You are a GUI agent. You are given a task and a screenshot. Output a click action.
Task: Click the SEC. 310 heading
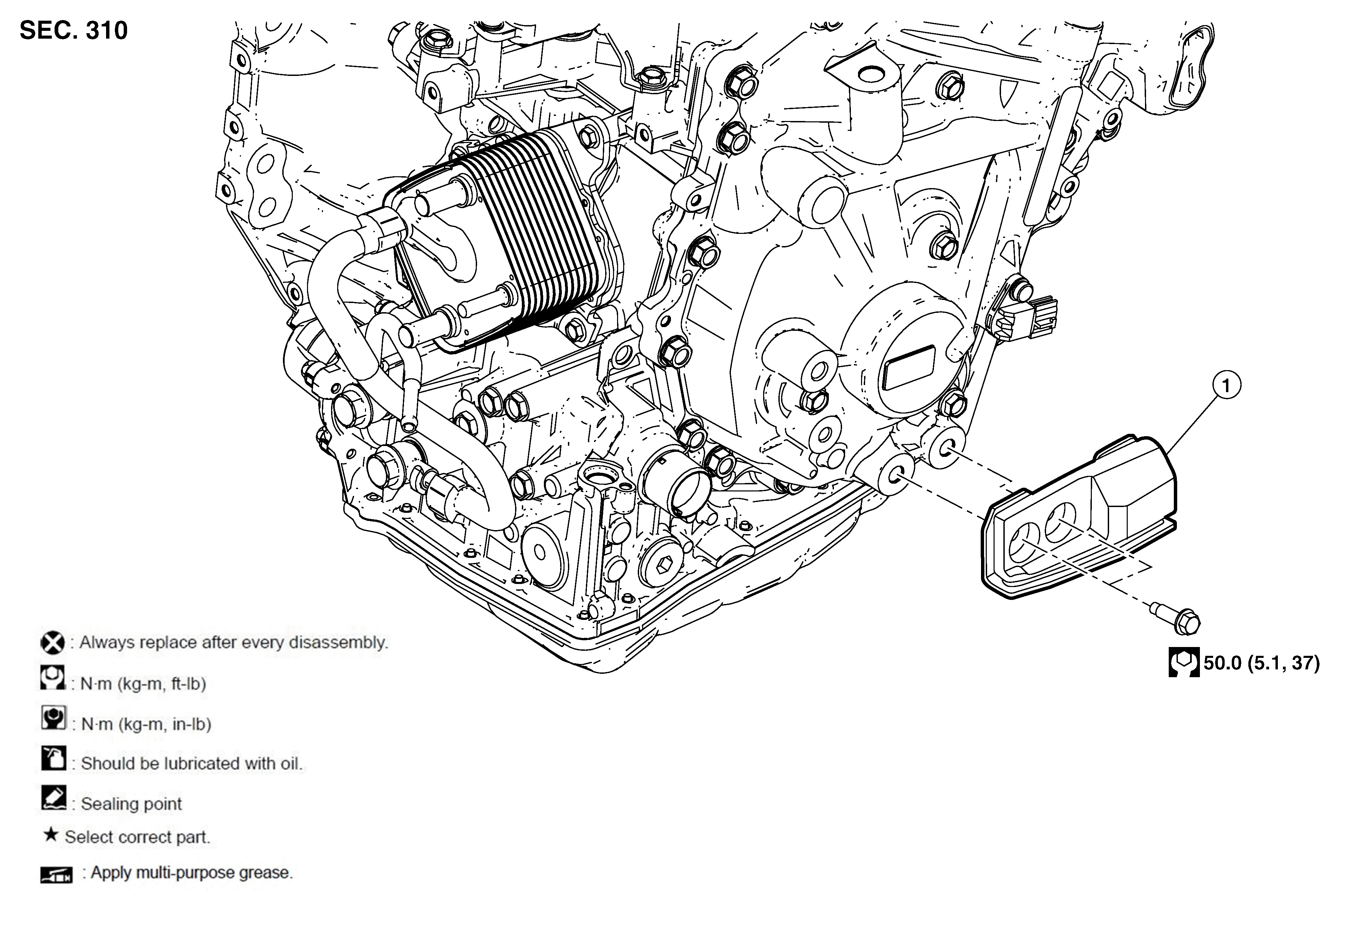74,30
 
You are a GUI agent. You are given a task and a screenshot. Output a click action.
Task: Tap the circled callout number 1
1226,386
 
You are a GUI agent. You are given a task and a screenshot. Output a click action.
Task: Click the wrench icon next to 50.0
1183,663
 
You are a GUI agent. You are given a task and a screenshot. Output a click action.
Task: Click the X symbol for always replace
53,642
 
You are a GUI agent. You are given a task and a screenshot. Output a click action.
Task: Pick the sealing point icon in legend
54,798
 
